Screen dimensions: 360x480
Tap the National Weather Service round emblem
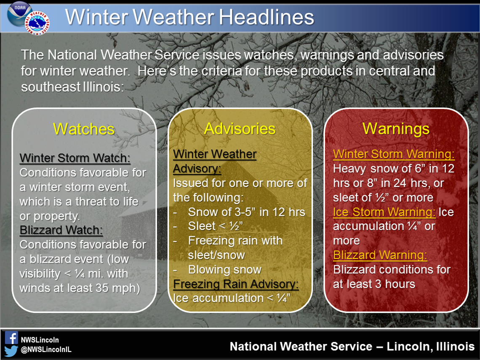38,22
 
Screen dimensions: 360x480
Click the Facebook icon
11,338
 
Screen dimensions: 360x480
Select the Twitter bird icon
11,350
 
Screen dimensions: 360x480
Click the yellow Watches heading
84,129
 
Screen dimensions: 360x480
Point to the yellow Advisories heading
240,129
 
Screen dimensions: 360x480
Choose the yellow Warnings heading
396,129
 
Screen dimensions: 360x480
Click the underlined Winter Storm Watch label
75,158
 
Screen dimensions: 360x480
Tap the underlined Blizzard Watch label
61,230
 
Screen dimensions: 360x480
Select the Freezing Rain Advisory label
236,284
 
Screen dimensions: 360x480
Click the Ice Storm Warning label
384,212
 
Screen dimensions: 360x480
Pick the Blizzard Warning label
380,255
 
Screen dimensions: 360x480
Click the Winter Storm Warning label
394,155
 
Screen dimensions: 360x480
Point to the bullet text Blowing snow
224,269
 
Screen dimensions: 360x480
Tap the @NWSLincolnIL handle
46,350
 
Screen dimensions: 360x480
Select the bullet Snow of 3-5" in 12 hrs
246,212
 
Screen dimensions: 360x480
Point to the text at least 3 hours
374,284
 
